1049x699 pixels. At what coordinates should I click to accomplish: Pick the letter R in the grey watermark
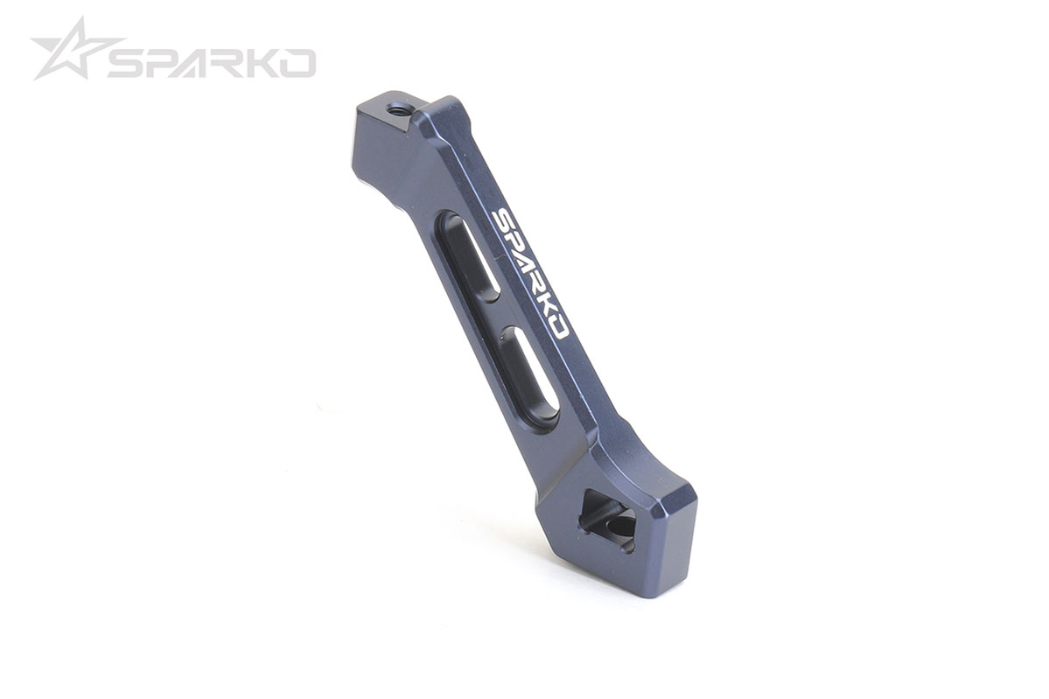[242, 63]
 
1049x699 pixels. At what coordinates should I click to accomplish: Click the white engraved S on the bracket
[503, 218]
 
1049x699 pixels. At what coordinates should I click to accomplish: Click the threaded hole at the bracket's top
[400, 110]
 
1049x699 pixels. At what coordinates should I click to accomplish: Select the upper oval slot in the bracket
[468, 257]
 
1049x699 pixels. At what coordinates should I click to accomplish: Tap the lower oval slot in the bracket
[530, 376]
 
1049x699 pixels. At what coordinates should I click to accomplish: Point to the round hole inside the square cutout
[621, 528]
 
